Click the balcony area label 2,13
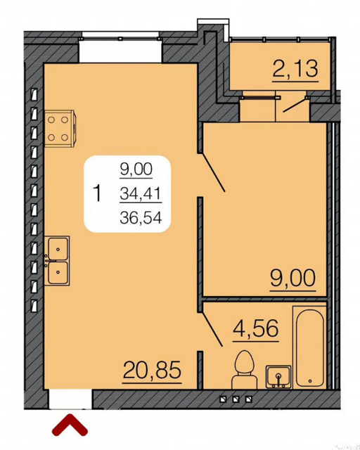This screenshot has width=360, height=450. click(295, 69)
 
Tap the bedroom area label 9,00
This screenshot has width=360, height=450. click(292, 278)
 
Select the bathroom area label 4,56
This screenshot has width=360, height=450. click(255, 328)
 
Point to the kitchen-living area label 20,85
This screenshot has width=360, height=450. click(152, 370)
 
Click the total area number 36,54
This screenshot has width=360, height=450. click(141, 218)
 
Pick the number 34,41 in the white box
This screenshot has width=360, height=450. click(141, 194)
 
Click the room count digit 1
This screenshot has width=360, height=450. click(98, 193)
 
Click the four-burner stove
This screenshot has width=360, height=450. click(60, 129)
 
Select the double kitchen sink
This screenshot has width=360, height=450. click(57, 261)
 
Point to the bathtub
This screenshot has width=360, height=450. click(310, 347)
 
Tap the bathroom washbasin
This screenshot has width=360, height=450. click(278, 377)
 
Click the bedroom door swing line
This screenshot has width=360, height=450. click(213, 172)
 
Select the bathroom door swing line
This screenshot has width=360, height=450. click(212, 330)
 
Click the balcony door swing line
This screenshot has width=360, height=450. click(295, 105)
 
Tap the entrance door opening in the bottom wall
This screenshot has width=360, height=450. click(70, 399)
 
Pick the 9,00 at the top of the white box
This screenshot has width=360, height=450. click(136, 169)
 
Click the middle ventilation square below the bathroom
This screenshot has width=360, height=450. click(236, 399)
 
